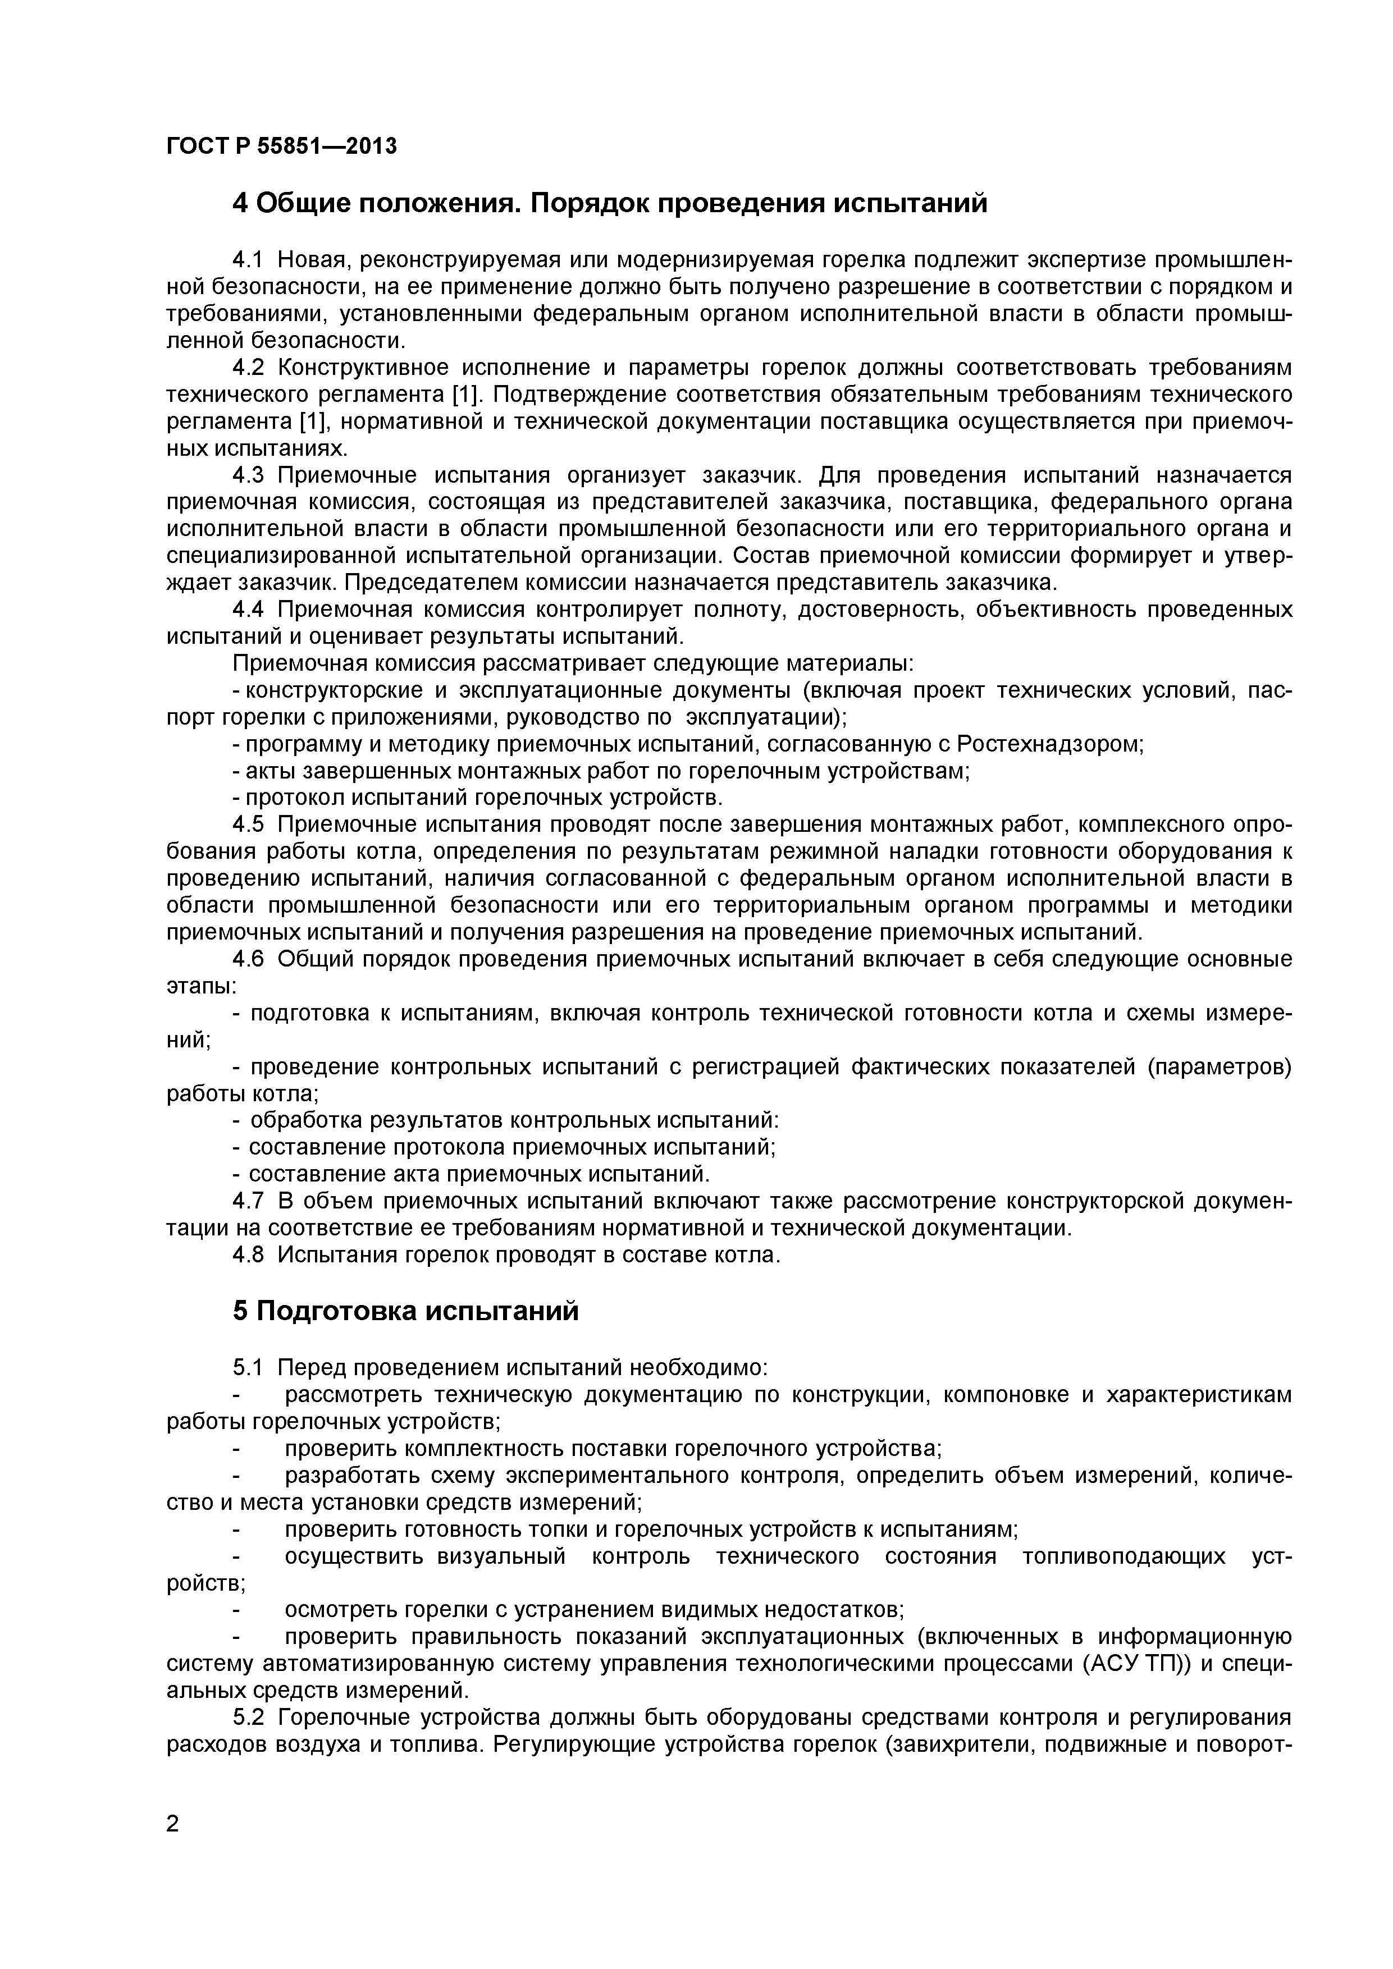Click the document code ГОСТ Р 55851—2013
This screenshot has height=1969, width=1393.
point(281,146)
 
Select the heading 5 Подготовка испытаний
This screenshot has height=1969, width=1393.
point(406,1311)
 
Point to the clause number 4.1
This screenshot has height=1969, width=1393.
point(250,260)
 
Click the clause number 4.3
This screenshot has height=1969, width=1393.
point(250,475)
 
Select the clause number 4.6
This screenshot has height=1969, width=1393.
point(250,959)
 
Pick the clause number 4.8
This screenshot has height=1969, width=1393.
point(250,1254)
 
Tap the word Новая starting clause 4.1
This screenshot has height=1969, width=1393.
point(312,260)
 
